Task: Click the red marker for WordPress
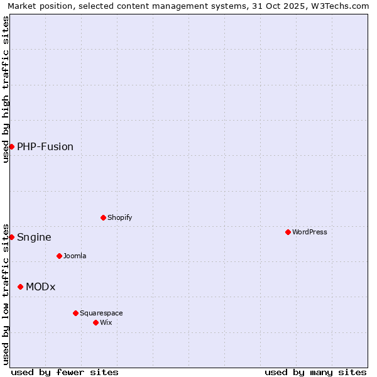pos(288,232)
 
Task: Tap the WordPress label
pos(309,232)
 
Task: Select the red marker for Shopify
pos(103,217)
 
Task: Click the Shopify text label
pos(119,217)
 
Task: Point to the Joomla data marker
pos(59,256)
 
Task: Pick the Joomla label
pos(75,256)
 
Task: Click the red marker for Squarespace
pos(75,313)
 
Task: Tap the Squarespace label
pos(101,313)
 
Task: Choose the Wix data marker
pos(96,322)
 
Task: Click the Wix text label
pos(106,322)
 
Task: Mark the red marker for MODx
pos(20,287)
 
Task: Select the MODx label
pos(41,287)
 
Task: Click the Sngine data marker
pos(11,237)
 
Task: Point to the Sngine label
pos(34,237)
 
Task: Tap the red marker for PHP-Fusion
pos(11,146)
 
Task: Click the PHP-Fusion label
pos(45,146)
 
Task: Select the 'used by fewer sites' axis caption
pos(65,372)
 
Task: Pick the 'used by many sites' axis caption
pos(315,372)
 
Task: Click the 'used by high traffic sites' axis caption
pos(6,89)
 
